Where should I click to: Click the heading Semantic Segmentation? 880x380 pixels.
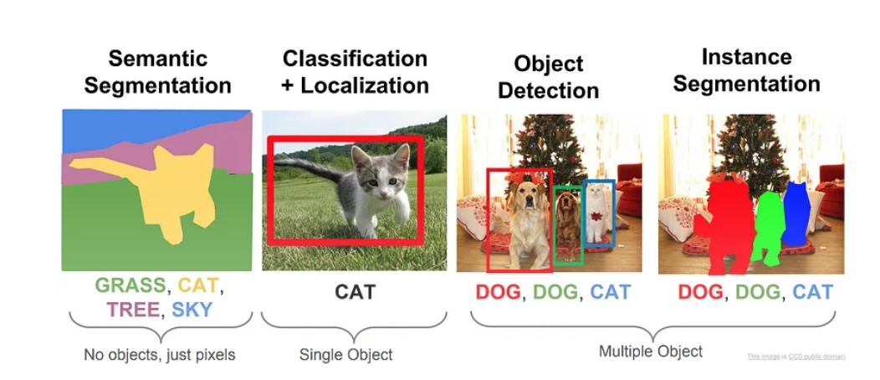coord(157,72)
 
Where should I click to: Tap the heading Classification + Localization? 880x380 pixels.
coord(355,71)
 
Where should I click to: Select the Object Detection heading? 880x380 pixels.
coord(548,77)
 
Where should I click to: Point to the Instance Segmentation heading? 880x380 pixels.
coord(746,70)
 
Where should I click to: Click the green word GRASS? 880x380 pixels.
coord(130,285)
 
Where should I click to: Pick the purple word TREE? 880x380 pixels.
coord(133,310)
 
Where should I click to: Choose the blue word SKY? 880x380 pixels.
coord(192,310)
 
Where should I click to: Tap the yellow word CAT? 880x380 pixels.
coord(198,285)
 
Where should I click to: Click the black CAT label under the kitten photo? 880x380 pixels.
coord(355,292)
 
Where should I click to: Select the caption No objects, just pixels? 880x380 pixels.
coord(159,355)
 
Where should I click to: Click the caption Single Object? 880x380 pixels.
coord(345,355)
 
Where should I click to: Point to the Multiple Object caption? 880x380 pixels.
coord(651,351)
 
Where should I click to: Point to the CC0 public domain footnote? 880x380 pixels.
coord(796,357)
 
